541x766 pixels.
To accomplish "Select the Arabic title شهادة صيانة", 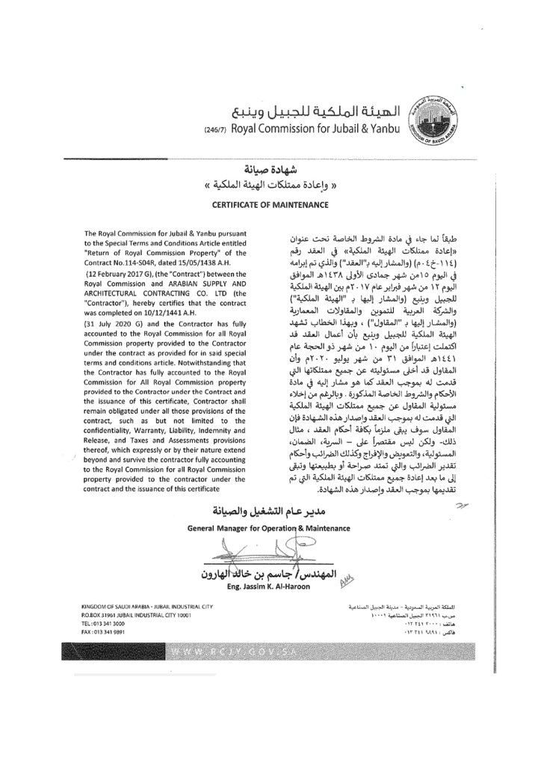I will (270, 168).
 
